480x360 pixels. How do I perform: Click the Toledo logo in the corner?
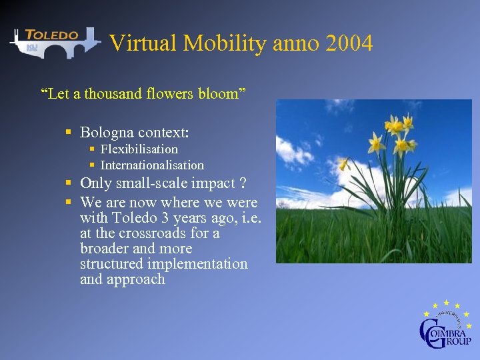coord(53,42)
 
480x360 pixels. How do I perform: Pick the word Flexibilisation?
coord(139,149)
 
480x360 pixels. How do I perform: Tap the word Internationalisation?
coord(151,165)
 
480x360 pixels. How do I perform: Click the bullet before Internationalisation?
coord(93,165)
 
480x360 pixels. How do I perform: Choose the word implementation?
coord(197,264)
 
